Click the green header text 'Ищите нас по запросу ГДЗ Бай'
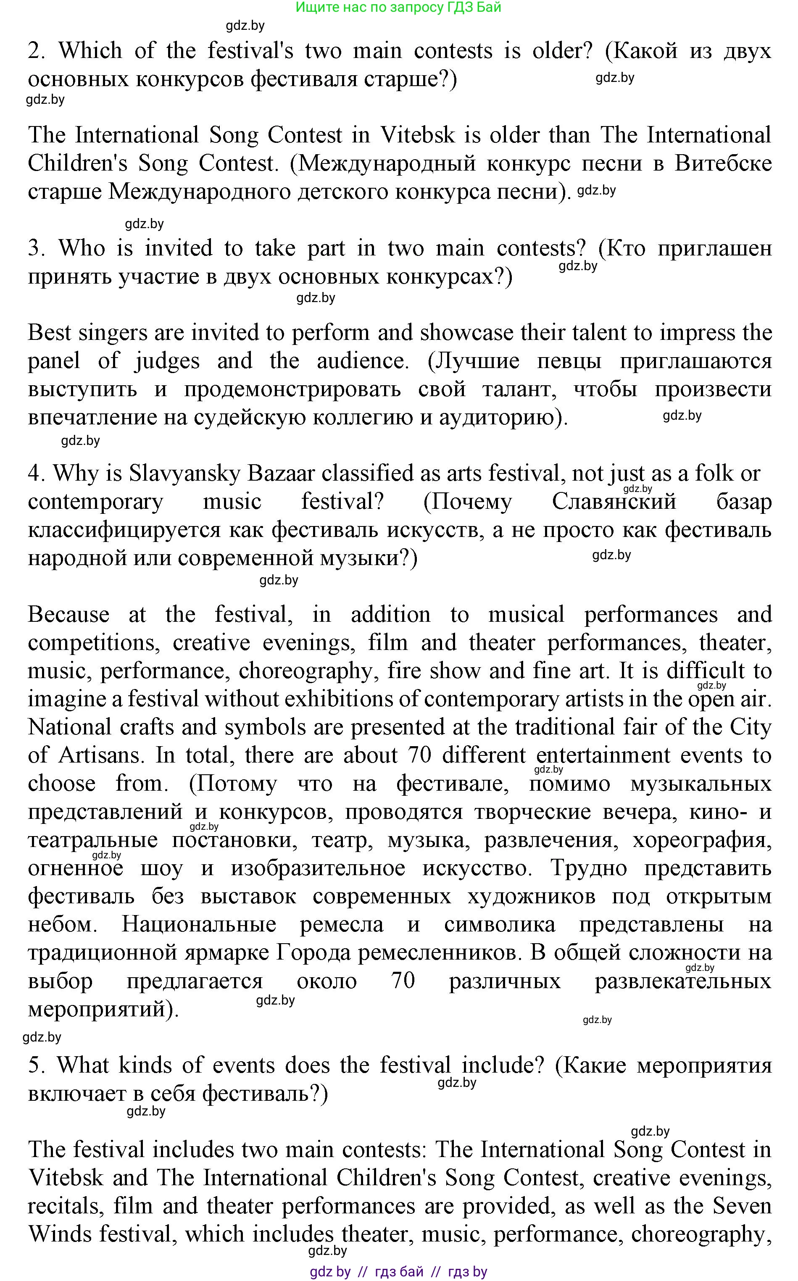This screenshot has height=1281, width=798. (398, 8)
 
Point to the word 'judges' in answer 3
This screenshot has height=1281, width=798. (167, 361)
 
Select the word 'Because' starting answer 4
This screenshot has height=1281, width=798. (68, 615)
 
